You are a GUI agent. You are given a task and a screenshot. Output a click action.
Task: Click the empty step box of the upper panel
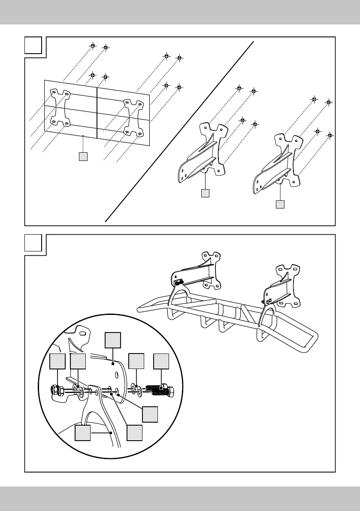pyautogui.click(x=33, y=45)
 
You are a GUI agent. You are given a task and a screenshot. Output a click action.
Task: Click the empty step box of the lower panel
pyautogui.click(x=33, y=243)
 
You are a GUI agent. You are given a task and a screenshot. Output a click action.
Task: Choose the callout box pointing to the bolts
pyautogui.click(x=161, y=362)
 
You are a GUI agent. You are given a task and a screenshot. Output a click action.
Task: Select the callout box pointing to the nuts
pyautogui.click(x=57, y=362)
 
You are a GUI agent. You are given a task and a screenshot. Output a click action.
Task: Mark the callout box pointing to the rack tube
pyautogui.click(x=83, y=433)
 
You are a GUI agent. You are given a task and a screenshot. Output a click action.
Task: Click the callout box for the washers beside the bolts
pyautogui.click(x=136, y=362)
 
